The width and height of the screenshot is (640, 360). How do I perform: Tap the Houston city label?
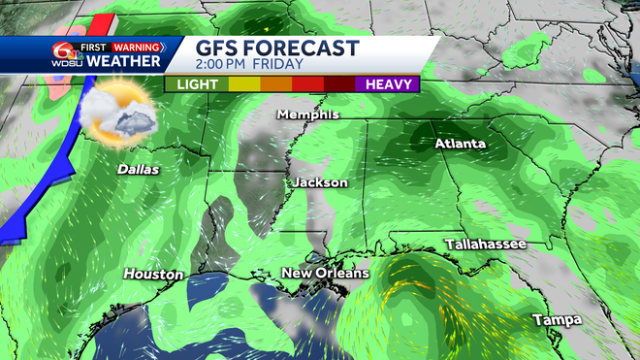tap(153, 275)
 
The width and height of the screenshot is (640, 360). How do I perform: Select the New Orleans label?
tap(325, 274)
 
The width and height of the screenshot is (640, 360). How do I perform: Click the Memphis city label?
tap(308, 115)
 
